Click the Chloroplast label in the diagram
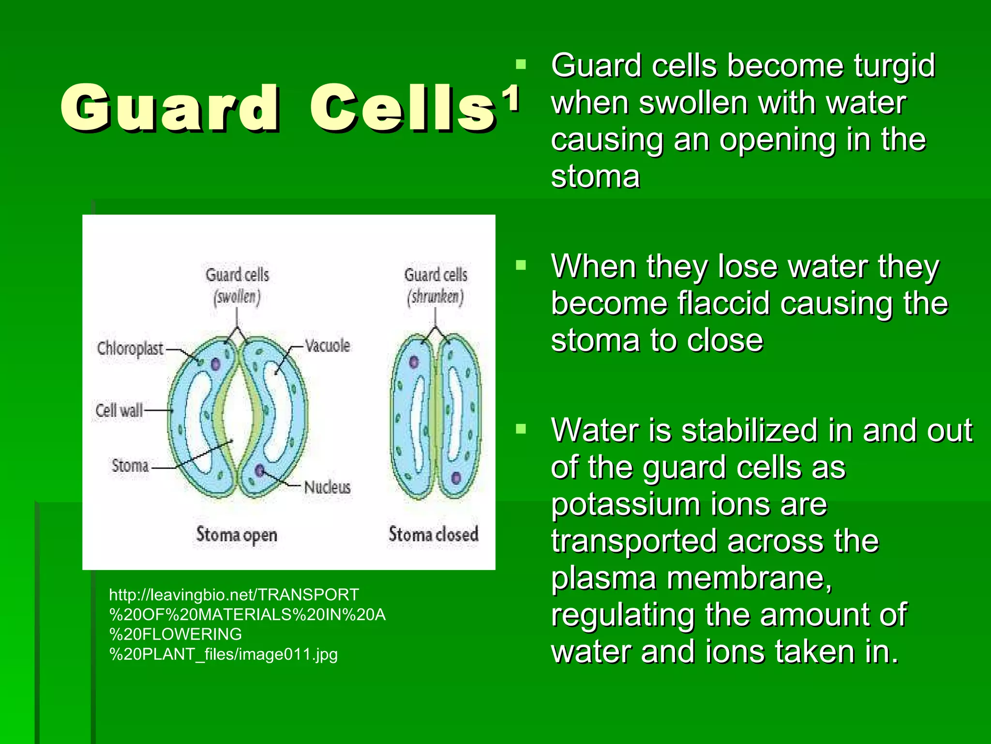tap(130, 348)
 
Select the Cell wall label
tap(119, 410)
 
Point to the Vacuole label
tap(328, 346)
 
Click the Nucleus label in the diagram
tap(328, 487)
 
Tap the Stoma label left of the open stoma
tap(130, 465)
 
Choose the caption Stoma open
tap(237, 535)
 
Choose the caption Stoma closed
tap(434, 534)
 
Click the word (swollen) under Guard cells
tap(237, 296)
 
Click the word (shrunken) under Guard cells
tap(435, 296)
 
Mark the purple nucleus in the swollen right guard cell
tap(260, 470)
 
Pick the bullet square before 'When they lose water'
tap(521, 265)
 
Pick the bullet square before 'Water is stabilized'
tap(521, 429)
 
